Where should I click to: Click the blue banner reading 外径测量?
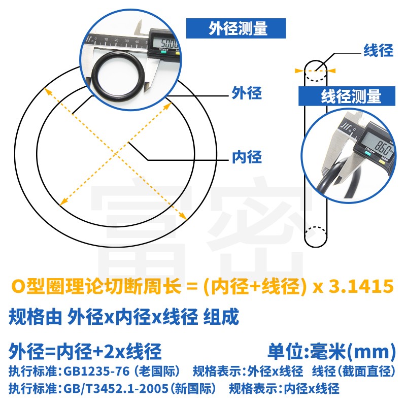(236, 28)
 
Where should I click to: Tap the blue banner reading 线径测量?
(347, 96)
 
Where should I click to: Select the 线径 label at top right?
(378, 50)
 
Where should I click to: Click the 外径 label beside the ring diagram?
(247, 93)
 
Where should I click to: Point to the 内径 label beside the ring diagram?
(247, 157)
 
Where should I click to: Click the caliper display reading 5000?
(165, 42)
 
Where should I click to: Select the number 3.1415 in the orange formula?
(361, 286)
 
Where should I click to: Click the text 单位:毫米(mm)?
(332, 351)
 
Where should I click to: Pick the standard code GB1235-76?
(96, 371)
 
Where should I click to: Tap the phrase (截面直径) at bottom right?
(367, 371)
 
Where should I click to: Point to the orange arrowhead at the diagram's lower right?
(183, 217)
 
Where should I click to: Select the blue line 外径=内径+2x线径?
(85, 351)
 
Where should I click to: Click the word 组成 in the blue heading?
(221, 317)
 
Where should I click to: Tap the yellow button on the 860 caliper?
(382, 162)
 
